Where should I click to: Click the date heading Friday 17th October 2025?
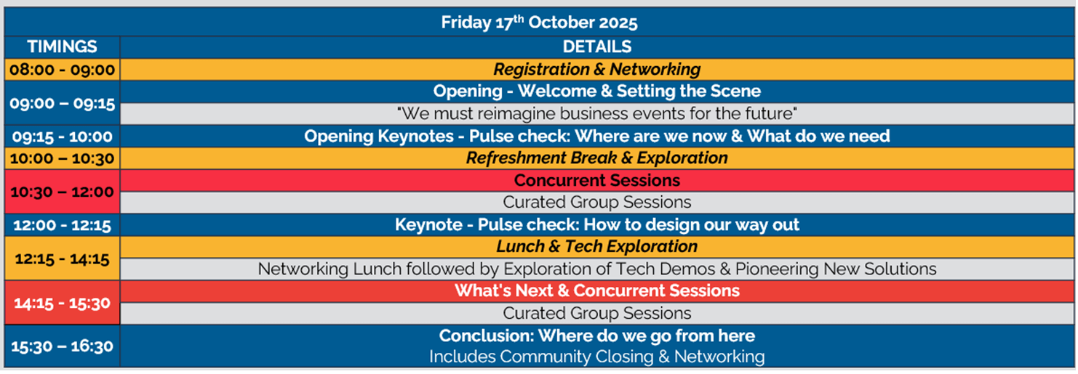pyautogui.click(x=539, y=22)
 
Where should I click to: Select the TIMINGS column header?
pyautogui.click(x=62, y=46)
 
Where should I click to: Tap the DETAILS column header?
pyautogui.click(x=596, y=46)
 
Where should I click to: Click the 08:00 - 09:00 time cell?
pyautogui.click(x=62, y=70)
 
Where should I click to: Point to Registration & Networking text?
pyautogui.click(x=596, y=69)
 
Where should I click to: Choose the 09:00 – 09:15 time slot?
pyautogui.click(x=62, y=103)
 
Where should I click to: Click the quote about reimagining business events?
pyautogui.click(x=596, y=114)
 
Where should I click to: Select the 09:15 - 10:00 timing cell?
pyautogui.click(x=62, y=137)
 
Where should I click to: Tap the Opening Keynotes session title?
pyautogui.click(x=596, y=136)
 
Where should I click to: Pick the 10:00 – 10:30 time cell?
pyautogui.click(x=62, y=158)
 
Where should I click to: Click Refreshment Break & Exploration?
pyautogui.click(x=596, y=158)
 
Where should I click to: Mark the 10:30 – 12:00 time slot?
pyautogui.click(x=62, y=192)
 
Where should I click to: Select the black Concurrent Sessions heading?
pyautogui.click(x=596, y=180)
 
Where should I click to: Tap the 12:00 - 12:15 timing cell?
pyautogui.click(x=62, y=225)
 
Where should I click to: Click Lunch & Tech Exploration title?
pyautogui.click(x=596, y=247)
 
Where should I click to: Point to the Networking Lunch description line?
pyautogui.click(x=596, y=269)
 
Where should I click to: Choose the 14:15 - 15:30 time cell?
pyautogui.click(x=62, y=304)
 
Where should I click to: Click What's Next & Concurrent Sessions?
pyautogui.click(x=596, y=290)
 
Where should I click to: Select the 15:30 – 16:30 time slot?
pyautogui.click(x=62, y=346)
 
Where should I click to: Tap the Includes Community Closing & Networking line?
pyautogui.click(x=596, y=357)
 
